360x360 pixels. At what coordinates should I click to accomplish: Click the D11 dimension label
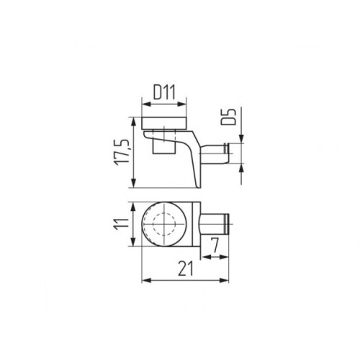click(x=164, y=93)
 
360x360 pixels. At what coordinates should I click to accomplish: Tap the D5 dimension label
click(x=228, y=117)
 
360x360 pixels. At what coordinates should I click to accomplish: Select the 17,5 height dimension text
click(x=122, y=152)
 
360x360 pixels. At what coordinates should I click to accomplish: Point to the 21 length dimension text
click(x=185, y=269)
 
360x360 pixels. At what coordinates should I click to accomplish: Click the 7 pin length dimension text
click(x=215, y=246)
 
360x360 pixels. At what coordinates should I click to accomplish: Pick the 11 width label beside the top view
click(x=122, y=225)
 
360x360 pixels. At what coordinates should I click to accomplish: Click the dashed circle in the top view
click(x=164, y=225)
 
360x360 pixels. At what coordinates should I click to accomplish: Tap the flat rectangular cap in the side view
click(x=164, y=124)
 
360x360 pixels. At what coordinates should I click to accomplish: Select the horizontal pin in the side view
click(x=215, y=154)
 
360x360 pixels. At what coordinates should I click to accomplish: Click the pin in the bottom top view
click(x=215, y=225)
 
